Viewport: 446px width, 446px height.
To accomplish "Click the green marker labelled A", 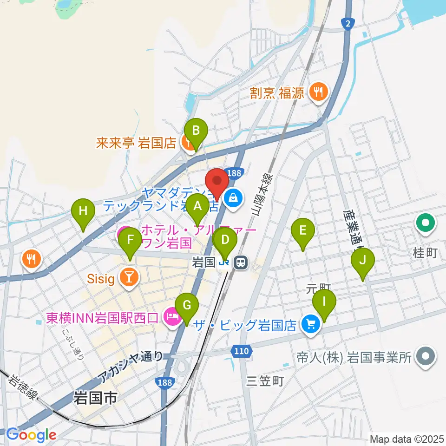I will point(198,205).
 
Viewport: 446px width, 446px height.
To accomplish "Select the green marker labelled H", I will point(83,211).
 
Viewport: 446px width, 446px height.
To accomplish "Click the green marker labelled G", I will point(187,306).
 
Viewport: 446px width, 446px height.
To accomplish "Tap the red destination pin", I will point(217,180).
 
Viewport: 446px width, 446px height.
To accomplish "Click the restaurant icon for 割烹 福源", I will point(318,92).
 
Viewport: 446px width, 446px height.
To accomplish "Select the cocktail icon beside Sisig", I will point(130,277).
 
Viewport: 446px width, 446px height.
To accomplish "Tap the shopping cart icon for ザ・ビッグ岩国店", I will point(310,324).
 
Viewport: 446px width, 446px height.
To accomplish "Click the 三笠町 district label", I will point(265,381).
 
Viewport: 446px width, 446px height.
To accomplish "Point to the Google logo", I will point(31,435).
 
